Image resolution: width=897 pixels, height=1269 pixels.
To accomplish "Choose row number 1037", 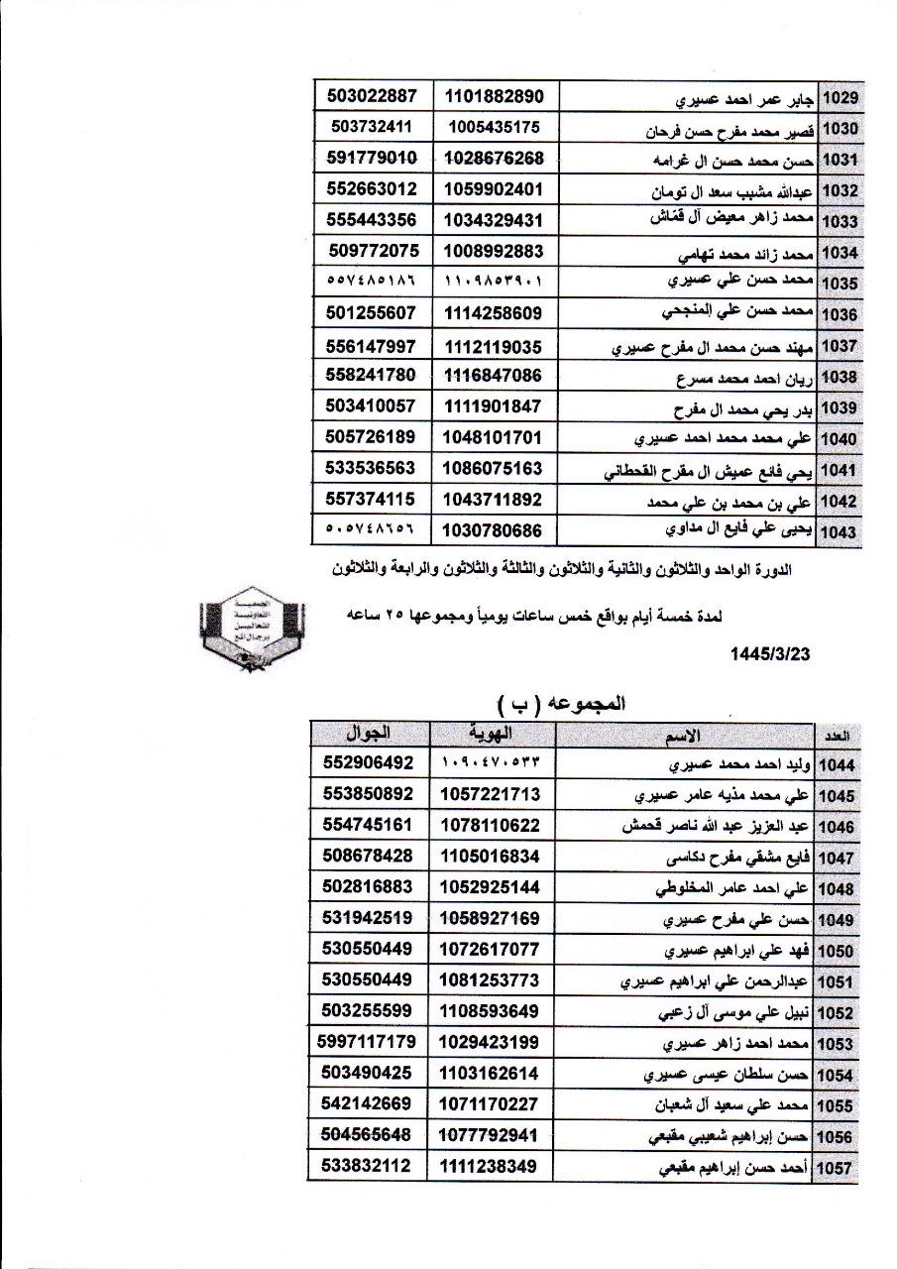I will click(x=839, y=347).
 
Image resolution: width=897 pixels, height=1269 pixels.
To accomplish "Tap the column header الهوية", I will click(x=493, y=735).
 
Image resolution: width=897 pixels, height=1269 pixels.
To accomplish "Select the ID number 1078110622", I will click(x=493, y=826).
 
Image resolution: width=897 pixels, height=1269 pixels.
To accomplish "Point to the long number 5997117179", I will click(x=368, y=1042).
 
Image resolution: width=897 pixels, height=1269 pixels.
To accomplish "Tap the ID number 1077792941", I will click(x=493, y=1135).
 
